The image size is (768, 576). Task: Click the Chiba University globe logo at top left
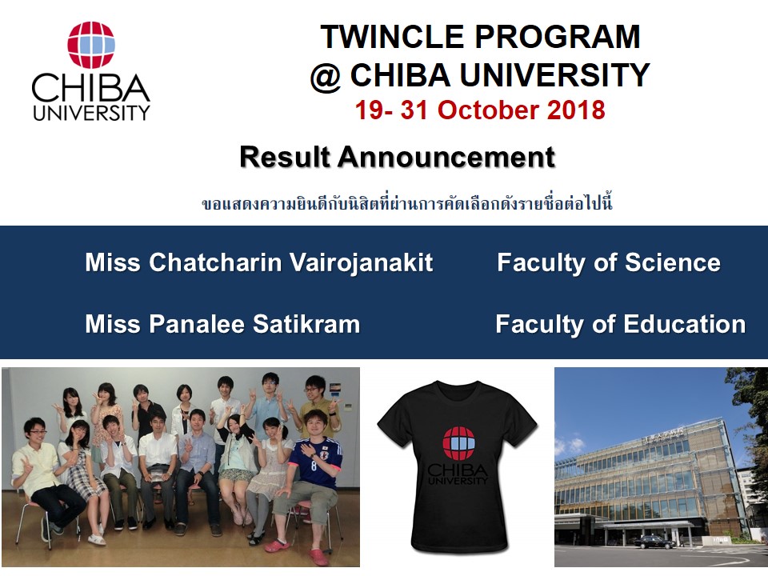[90, 45]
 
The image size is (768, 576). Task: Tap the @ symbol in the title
[326, 75]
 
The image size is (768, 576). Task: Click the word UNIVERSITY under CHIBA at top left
[91, 113]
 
